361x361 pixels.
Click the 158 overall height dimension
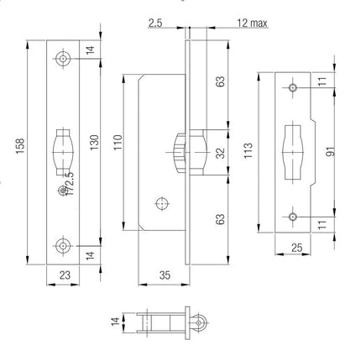(x=20, y=146)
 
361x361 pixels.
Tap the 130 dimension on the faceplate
(x=94, y=142)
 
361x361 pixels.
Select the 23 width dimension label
(x=65, y=275)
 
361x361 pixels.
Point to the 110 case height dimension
(x=118, y=142)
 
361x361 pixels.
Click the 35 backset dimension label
(x=165, y=275)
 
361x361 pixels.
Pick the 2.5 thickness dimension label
(x=155, y=23)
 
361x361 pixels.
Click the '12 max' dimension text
(x=252, y=23)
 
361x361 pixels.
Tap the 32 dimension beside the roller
(x=221, y=153)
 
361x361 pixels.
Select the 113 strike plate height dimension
(x=249, y=150)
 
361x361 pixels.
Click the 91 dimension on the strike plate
(x=331, y=151)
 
